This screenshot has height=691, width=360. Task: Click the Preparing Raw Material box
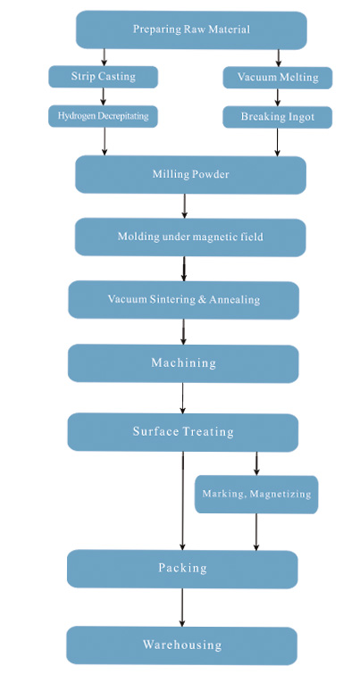[191, 30]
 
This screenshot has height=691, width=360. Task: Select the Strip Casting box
[104, 77]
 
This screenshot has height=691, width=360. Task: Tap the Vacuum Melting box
[278, 78]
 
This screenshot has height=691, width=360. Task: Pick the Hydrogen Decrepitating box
[103, 116]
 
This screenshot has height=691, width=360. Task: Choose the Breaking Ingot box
[278, 117]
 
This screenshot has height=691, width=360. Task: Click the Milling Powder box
[190, 174]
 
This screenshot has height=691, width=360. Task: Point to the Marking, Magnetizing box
[256, 495]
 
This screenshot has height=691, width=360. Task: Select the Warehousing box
[181, 645]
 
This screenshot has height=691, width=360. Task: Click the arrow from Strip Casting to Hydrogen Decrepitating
[104, 96]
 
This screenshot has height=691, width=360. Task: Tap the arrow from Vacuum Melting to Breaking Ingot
[278, 97]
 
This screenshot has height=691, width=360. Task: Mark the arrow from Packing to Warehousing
[181, 607]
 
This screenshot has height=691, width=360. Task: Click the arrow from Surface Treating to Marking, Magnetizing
[256, 463]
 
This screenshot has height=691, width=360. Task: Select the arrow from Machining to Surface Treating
[182, 398]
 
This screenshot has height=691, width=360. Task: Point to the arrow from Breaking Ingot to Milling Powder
[277, 142]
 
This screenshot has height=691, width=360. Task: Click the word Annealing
[234, 300]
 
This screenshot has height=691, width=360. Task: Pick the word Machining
[183, 363]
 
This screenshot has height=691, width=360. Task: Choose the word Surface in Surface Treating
[155, 431]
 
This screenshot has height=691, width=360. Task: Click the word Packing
[182, 568]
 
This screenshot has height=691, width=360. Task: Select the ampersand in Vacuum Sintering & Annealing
[202, 300]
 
